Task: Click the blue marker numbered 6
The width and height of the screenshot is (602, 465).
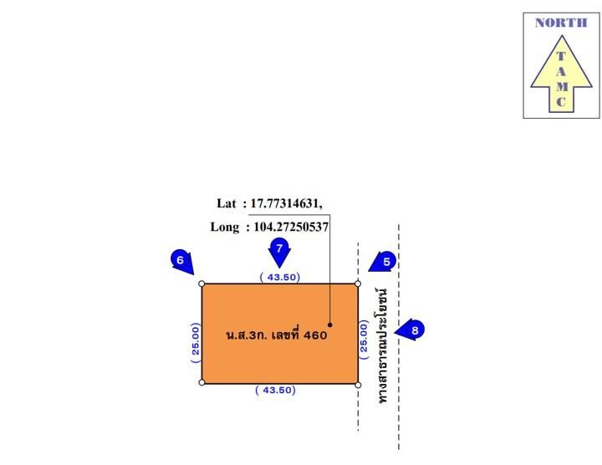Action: pos(181,262)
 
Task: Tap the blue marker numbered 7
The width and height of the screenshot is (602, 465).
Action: pos(279,253)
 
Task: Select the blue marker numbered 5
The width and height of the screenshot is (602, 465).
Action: pos(383,262)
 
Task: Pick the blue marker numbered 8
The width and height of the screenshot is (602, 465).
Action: pos(410,330)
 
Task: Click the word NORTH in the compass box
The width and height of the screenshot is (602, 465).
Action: pos(561,23)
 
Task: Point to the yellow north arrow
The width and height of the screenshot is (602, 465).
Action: pos(561,74)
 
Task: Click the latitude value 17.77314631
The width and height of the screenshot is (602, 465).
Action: pos(285,203)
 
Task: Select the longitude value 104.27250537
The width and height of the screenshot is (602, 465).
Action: pos(291,227)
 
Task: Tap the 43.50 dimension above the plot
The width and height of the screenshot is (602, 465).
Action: pos(280,277)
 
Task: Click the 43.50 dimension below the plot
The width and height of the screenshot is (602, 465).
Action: pos(275,390)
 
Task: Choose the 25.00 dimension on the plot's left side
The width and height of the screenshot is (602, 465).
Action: pos(196,343)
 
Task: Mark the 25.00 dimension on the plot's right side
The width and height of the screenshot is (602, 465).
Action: pos(364,340)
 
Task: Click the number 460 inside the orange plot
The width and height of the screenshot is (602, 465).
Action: pos(315,335)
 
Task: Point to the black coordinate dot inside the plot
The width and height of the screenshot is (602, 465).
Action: pos(329,324)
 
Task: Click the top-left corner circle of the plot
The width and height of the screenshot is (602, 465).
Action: pos(202,284)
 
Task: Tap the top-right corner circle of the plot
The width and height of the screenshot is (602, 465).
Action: pos(358,284)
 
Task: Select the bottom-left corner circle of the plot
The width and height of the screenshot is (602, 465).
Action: pos(202,382)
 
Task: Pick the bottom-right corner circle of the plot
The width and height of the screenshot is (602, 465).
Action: pos(358,385)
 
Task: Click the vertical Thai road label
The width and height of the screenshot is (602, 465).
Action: pos(381,345)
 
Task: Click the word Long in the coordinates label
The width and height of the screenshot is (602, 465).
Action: pos(225,227)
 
